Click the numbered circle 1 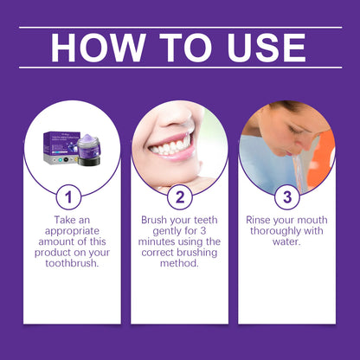(x=71, y=196)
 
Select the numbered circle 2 (x=179, y=196)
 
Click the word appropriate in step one (x=71, y=233)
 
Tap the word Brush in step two (x=157, y=221)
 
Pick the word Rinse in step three (x=262, y=221)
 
